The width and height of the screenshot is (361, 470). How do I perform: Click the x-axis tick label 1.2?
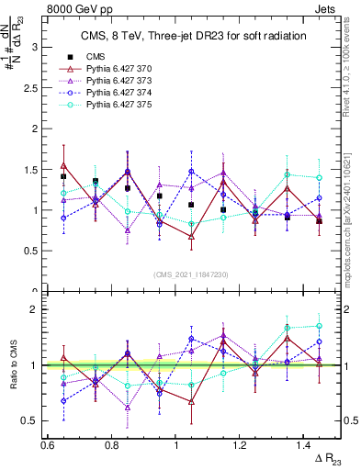click(242, 444)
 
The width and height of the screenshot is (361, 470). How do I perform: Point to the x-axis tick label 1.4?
click(306, 444)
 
